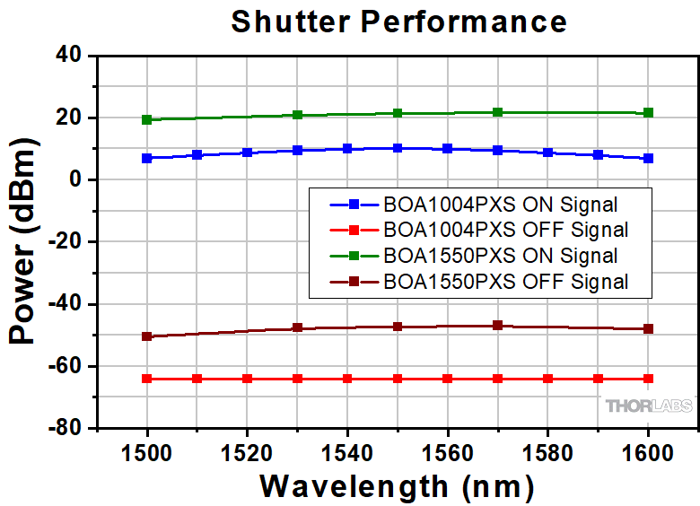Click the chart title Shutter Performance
(398, 22)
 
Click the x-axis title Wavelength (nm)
(397, 486)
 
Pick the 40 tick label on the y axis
(71, 57)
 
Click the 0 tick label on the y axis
(77, 180)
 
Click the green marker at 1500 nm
(147, 119)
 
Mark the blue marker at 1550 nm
(398, 148)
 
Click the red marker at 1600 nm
(648, 379)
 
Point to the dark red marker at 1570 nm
(498, 325)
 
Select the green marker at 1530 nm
(297, 115)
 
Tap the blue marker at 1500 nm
(147, 158)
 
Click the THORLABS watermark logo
(649, 406)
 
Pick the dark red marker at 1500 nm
(147, 336)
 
